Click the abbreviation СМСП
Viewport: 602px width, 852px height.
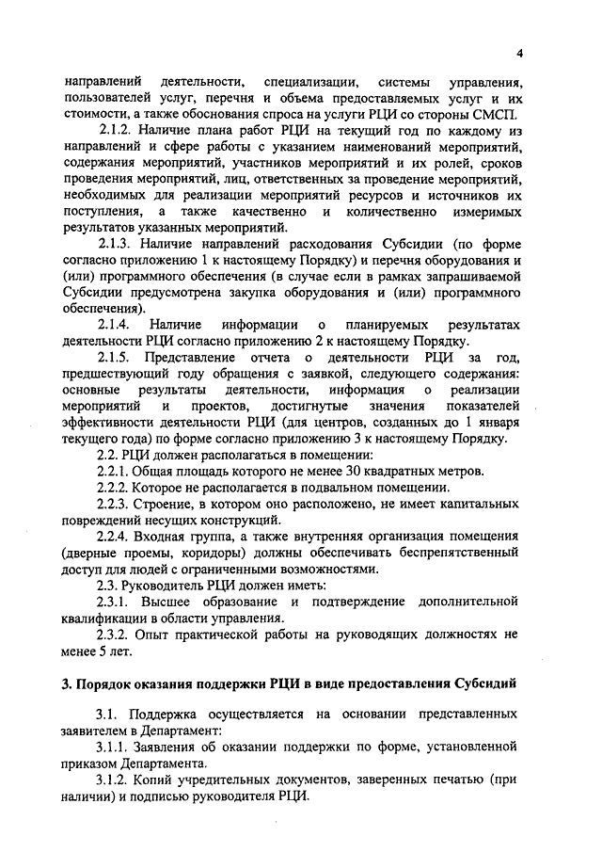point(492,114)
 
